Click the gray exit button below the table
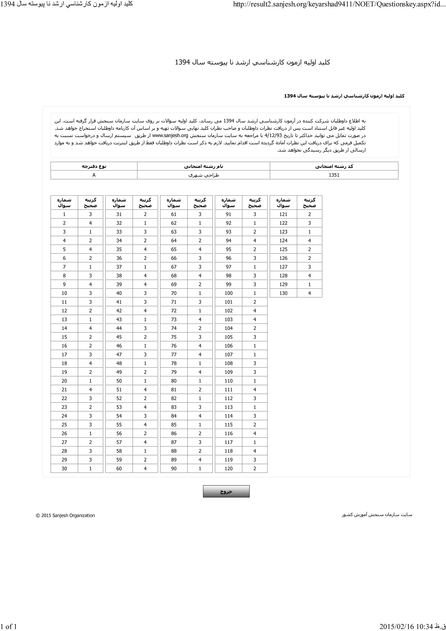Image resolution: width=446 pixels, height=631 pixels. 226,491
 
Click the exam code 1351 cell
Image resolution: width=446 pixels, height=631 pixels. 334,175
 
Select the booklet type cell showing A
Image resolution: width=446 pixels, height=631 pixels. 94,175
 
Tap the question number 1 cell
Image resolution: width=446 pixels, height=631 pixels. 64,214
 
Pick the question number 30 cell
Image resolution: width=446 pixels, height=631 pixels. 64,468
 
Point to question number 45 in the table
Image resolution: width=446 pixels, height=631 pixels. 119,337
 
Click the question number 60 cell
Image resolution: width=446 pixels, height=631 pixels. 119,468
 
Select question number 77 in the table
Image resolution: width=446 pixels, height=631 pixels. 174,354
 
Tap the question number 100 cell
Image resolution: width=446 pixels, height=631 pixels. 228,293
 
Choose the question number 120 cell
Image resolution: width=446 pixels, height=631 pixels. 228,468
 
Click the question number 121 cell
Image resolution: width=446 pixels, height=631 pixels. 283,214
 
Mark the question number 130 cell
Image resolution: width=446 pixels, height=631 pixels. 283,293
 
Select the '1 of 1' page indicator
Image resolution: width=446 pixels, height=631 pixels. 9,626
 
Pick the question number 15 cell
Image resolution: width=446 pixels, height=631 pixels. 64,337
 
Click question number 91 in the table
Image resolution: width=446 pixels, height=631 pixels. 228,214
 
